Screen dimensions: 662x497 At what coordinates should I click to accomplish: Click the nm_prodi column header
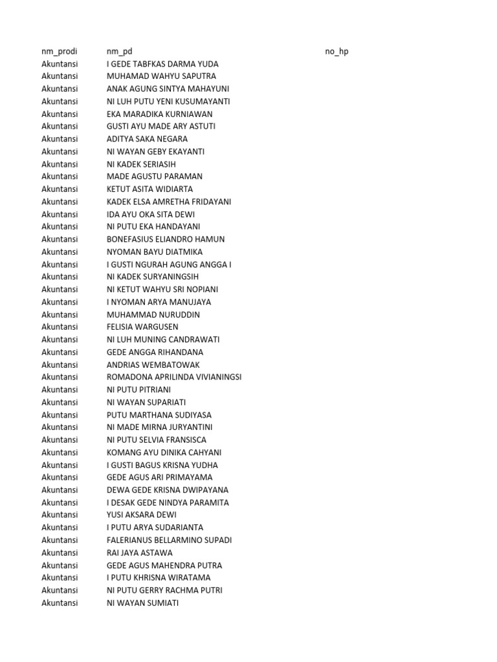pos(60,51)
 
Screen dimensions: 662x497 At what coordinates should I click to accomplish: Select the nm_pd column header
pos(120,51)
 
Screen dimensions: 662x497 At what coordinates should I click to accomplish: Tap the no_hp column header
pos(337,51)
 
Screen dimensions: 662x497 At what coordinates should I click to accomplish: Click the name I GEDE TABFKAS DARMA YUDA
pos(162,64)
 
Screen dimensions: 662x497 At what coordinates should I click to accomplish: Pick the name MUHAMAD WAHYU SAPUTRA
pos(161,76)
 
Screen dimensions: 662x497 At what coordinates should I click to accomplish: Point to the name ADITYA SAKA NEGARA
pos(147,139)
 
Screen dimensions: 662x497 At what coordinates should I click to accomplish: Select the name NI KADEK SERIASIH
pos(141,164)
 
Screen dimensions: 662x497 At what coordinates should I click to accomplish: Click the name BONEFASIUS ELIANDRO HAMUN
pos(166,239)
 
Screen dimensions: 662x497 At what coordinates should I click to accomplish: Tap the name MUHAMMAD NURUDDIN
pos(153,315)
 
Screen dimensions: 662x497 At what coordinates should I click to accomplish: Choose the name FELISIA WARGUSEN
pos(142,327)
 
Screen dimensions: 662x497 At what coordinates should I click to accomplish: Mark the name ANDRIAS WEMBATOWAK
pos(153,365)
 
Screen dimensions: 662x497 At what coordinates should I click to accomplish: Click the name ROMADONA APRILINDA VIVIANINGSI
pos(174,377)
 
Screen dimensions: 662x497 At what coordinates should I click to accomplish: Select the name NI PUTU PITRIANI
pos(138,390)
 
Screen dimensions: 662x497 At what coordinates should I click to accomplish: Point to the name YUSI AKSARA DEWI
pos(141,515)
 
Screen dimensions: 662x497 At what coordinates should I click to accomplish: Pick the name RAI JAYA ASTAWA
pos(139,553)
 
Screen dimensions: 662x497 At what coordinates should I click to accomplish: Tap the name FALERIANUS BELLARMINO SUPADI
pos(169,540)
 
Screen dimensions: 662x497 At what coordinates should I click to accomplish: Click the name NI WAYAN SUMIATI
pos(142,603)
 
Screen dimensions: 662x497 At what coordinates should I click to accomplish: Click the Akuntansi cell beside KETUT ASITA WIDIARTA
pos(60,189)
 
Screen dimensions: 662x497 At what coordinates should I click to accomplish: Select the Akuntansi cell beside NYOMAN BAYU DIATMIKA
pos(60,252)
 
